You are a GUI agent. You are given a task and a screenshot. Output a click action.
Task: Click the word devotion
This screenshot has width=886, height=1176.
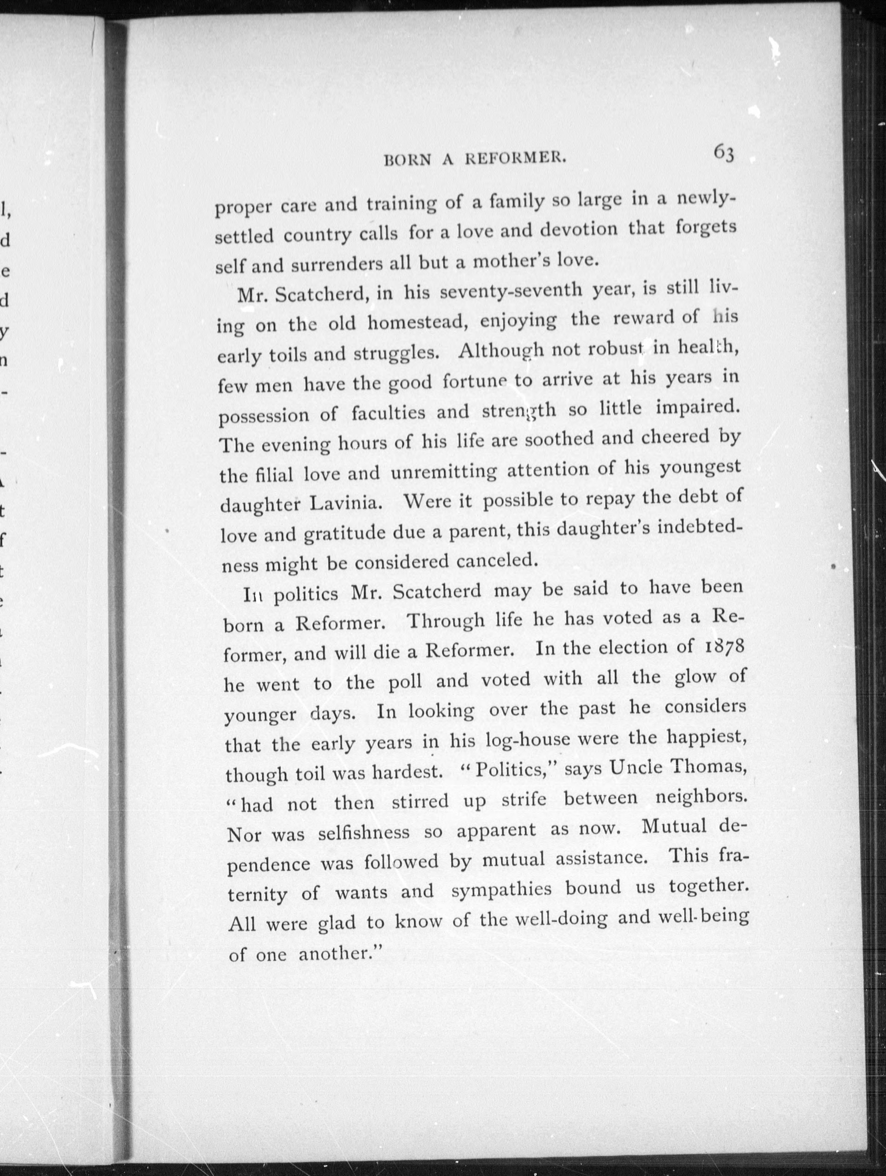(578, 230)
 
